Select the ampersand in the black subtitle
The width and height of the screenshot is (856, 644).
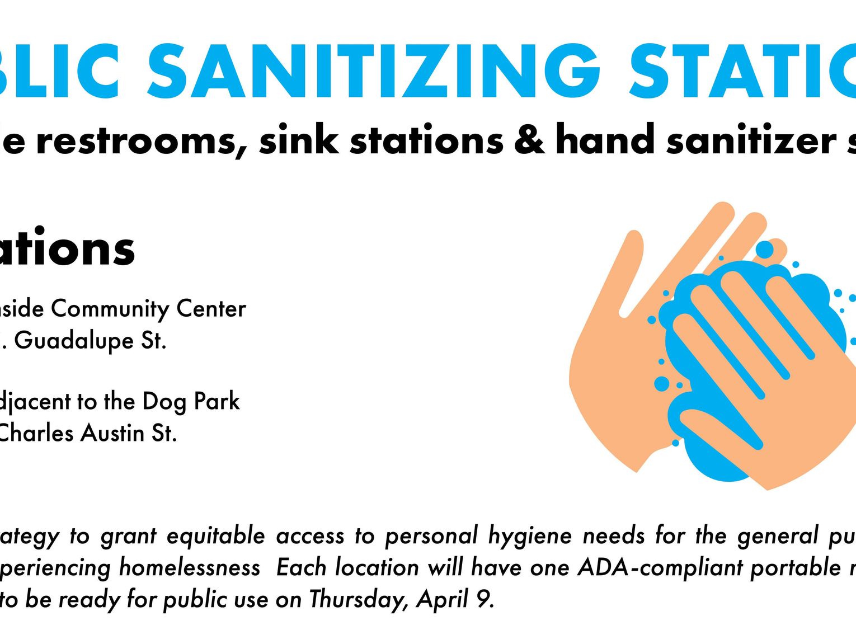click(x=529, y=140)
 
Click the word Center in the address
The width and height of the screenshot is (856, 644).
click(x=211, y=309)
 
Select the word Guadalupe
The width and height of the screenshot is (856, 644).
click(x=74, y=341)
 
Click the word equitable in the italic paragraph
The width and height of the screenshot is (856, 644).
click(x=216, y=536)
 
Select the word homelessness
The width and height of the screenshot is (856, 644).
click(x=190, y=568)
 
